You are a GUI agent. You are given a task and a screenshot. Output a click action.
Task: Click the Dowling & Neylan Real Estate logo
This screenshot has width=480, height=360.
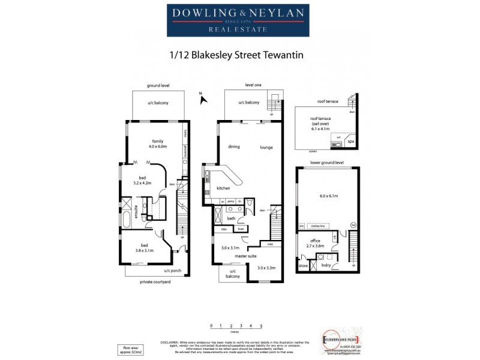tap(241, 20)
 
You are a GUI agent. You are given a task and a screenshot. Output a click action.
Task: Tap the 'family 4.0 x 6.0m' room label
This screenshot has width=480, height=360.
tap(157, 143)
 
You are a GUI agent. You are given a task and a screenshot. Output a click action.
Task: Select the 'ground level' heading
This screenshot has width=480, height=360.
tap(158, 86)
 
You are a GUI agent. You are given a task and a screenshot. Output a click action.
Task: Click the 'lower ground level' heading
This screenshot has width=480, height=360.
tap(327, 163)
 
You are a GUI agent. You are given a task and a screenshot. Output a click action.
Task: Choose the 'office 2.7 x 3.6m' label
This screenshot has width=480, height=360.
tap(314, 243)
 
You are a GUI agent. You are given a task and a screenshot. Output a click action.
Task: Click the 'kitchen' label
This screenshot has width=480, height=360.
tap(223, 187)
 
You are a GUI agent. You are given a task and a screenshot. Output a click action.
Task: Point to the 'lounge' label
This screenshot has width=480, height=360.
tap(266, 147)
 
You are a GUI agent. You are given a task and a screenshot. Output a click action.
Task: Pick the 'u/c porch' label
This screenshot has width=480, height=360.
tap(173, 271)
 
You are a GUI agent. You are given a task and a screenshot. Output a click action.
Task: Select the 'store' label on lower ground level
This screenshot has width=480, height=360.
tap(303, 264)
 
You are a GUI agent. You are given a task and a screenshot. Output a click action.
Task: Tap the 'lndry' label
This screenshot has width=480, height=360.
tap(326, 264)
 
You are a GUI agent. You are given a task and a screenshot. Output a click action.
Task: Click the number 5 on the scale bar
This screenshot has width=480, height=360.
tap(261, 326)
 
